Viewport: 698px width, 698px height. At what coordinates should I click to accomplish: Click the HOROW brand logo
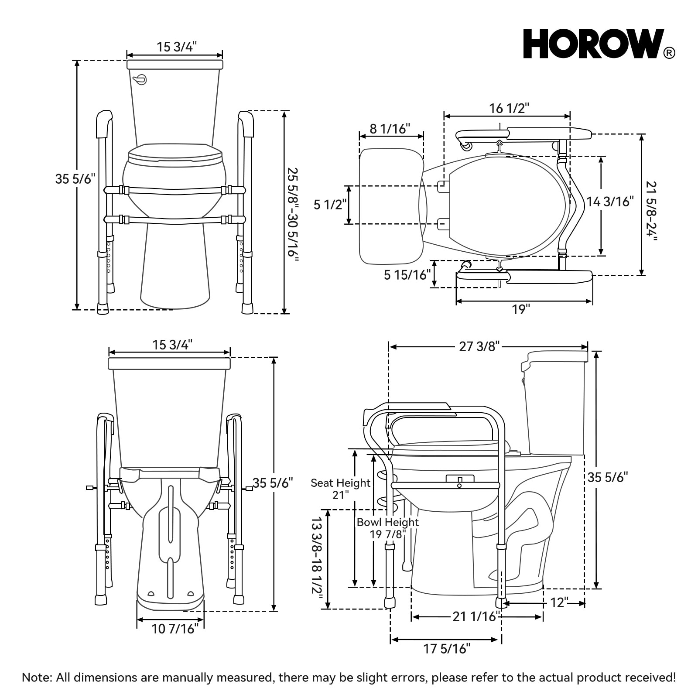pos(593,44)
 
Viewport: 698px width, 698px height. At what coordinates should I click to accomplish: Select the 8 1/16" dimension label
pos(390,129)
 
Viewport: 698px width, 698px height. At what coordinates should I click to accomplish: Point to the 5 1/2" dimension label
pos(330,204)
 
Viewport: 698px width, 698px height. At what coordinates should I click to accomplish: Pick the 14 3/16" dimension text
pos(610,202)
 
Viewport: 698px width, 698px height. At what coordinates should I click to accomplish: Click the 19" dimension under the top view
pos(521,309)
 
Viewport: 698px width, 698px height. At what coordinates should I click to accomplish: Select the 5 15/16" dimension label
pos(407,275)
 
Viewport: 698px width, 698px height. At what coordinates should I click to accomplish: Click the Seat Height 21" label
pos(340,489)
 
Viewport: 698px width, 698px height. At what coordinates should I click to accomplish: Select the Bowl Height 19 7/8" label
pos(387,527)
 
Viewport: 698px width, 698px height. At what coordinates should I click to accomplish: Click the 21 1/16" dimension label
pos(475,616)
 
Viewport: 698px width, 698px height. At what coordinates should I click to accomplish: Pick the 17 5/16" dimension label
pos(447,649)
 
